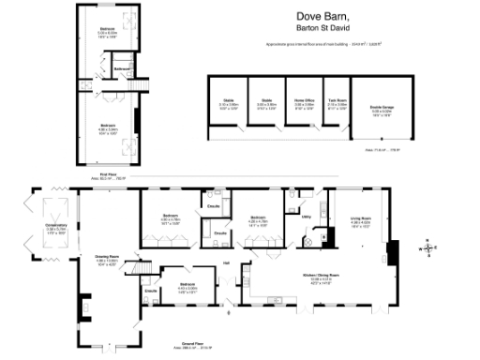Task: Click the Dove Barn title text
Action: coord(322,17)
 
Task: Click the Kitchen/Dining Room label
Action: coord(321,275)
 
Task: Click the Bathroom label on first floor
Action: coord(121,69)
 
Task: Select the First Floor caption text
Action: coord(112,172)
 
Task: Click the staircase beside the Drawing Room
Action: coord(141,271)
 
